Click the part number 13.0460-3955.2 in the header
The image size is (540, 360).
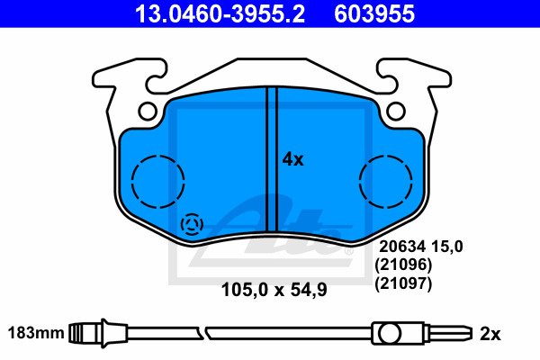220,13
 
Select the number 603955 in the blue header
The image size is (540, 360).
374,13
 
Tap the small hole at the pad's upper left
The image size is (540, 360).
148,111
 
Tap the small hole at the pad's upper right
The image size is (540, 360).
395,111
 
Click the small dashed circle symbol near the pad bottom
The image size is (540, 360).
192,225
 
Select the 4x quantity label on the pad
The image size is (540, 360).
292,159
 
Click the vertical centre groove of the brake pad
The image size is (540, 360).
272,159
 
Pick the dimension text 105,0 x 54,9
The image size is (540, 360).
274,290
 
